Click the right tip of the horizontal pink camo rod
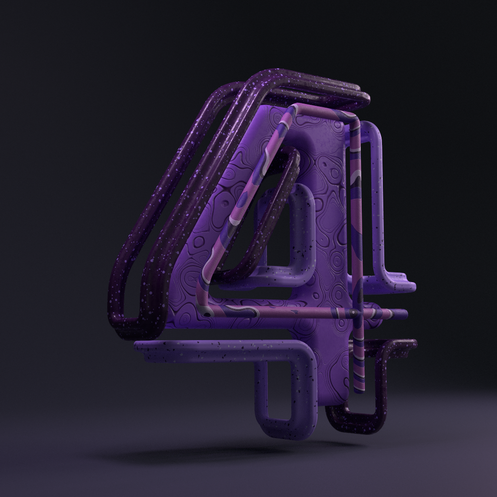[x=406, y=314]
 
